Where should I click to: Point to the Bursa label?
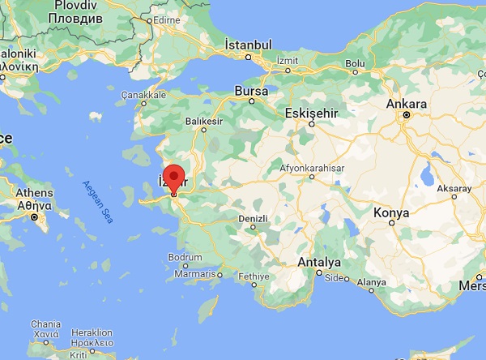point(251,92)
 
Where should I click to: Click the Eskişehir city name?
point(311,112)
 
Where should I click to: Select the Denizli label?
point(254,218)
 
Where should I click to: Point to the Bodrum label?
point(185,257)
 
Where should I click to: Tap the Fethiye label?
point(253,276)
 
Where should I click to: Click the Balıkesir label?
point(204,121)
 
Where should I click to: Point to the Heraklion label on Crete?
point(92,332)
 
